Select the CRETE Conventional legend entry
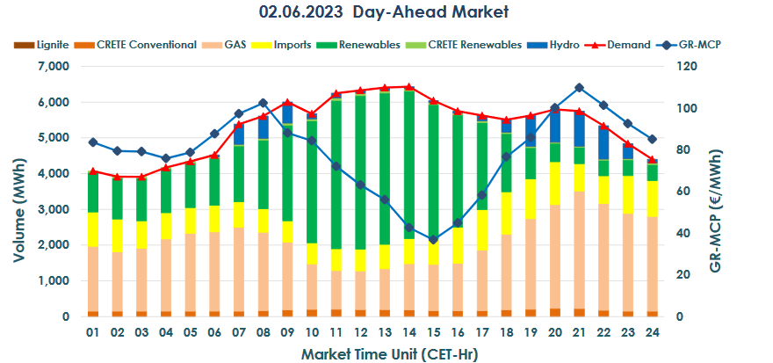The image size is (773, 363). (x=141, y=44)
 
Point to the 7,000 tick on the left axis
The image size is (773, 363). (x=53, y=67)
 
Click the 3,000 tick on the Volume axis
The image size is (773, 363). (x=53, y=210)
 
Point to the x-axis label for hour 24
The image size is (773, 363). (x=652, y=334)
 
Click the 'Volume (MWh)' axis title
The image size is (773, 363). (x=18, y=192)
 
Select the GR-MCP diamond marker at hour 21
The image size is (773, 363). (x=578, y=88)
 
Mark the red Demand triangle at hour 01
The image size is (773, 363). (x=93, y=171)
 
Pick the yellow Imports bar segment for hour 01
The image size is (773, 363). (x=93, y=229)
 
